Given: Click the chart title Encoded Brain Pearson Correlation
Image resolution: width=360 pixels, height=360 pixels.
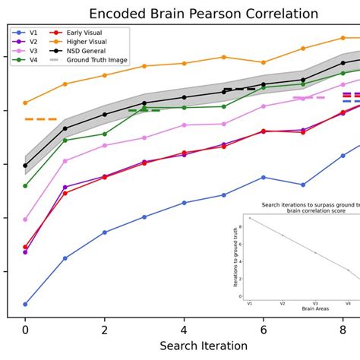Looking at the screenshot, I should pyautogui.click(x=204, y=14).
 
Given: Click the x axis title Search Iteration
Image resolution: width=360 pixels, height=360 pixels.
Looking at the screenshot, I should pyautogui.click(x=204, y=346).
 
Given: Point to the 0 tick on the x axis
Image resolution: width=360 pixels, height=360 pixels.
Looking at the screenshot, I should pyautogui.click(x=25, y=330).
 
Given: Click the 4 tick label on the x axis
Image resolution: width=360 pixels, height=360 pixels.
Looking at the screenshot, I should pyautogui.click(x=184, y=330).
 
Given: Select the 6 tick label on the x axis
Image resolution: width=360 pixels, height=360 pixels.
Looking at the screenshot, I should pyautogui.click(x=264, y=330).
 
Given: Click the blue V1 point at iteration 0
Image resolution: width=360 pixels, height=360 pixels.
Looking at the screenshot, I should pyautogui.click(x=25, y=304).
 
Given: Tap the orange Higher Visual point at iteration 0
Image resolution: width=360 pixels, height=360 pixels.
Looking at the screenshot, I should pyautogui.click(x=25, y=103).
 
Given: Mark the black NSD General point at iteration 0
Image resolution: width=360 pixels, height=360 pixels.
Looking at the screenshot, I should pyautogui.click(x=25, y=165).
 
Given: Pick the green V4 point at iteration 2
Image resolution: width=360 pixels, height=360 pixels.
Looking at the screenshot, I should pyautogui.click(x=105, y=134).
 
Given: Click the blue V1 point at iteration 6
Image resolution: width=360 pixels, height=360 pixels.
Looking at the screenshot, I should pyautogui.click(x=264, y=177).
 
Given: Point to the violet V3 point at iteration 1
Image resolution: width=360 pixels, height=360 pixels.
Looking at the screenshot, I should pyautogui.click(x=65, y=160).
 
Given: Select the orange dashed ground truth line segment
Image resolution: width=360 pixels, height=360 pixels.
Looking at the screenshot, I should pyautogui.click(x=41, y=119).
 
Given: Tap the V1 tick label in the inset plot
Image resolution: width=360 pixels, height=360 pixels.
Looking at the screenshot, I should pyautogui.click(x=249, y=303).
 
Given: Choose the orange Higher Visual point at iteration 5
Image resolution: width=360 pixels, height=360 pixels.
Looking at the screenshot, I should pyautogui.click(x=223, y=57).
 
